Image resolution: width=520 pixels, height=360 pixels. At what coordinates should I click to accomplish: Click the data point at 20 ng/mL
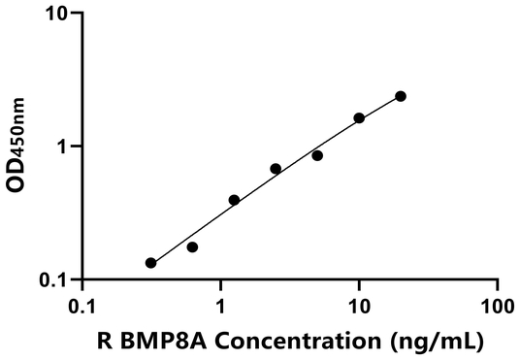pyautogui.click(x=401, y=96)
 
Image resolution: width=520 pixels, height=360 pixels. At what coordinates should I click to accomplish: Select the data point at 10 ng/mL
pyautogui.click(x=359, y=118)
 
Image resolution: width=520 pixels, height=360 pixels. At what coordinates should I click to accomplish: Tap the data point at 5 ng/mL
pyautogui.click(x=317, y=155)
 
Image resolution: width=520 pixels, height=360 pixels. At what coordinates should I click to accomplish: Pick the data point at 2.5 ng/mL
pyautogui.click(x=276, y=169)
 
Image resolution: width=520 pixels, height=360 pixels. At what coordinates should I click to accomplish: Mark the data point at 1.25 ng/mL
pyautogui.click(x=234, y=200)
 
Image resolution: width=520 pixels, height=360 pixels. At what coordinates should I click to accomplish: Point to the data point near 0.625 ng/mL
pyautogui.click(x=192, y=247)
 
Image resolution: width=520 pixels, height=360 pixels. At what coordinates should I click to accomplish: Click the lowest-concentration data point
pyautogui.click(x=150, y=263)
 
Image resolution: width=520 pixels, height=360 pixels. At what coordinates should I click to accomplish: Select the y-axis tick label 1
pyautogui.click(x=66, y=147)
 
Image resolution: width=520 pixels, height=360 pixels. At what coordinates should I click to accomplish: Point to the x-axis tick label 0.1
pyautogui.click(x=83, y=306)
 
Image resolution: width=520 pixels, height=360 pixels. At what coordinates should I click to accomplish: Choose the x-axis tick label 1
pyautogui.click(x=221, y=306)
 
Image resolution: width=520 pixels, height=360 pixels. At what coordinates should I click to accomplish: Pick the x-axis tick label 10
pyautogui.click(x=359, y=306)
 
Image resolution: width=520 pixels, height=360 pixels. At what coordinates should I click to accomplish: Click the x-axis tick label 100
pyautogui.click(x=498, y=306)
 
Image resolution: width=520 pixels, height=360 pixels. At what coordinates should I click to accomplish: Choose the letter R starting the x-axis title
pyautogui.click(x=104, y=342)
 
